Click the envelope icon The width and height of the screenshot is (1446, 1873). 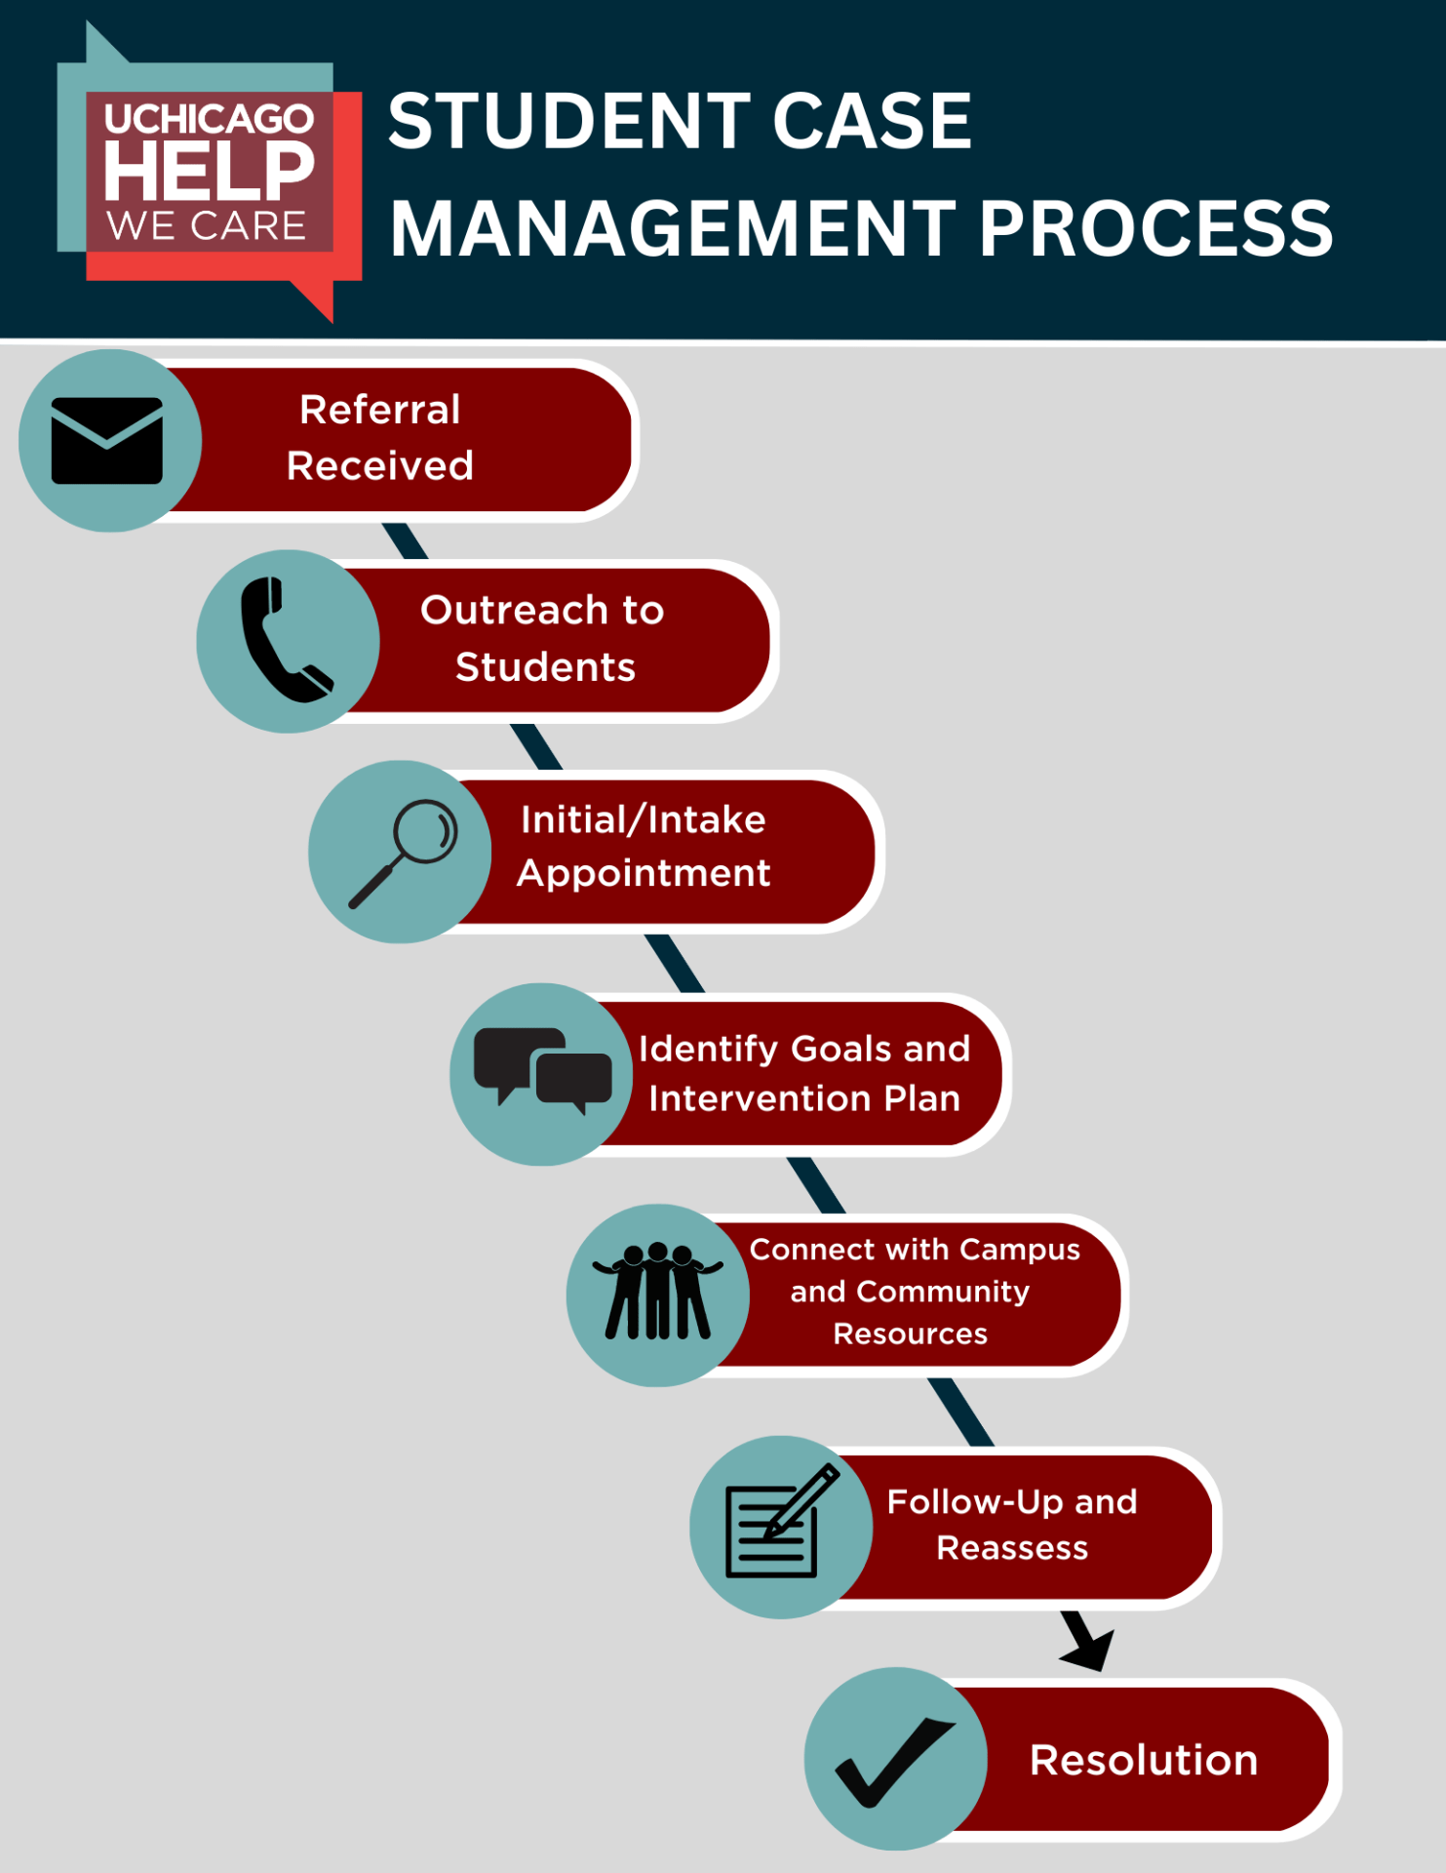click(107, 441)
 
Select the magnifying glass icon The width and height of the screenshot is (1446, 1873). click(404, 852)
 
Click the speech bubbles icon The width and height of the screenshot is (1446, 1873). click(542, 1070)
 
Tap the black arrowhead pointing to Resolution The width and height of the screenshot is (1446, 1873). click(1090, 1646)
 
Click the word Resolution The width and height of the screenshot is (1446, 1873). click(1144, 1760)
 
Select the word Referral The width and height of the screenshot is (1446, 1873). click(379, 410)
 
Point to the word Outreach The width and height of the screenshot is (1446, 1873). click(500, 611)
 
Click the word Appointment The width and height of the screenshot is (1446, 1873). click(644, 873)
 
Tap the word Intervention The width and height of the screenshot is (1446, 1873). click(760, 1099)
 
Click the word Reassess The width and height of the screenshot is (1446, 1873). click(1012, 1548)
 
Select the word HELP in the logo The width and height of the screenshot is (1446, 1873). click(210, 172)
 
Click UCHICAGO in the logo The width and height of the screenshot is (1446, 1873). click(210, 119)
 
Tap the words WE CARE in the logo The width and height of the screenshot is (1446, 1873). click(207, 226)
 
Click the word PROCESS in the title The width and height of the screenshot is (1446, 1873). click(1155, 229)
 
